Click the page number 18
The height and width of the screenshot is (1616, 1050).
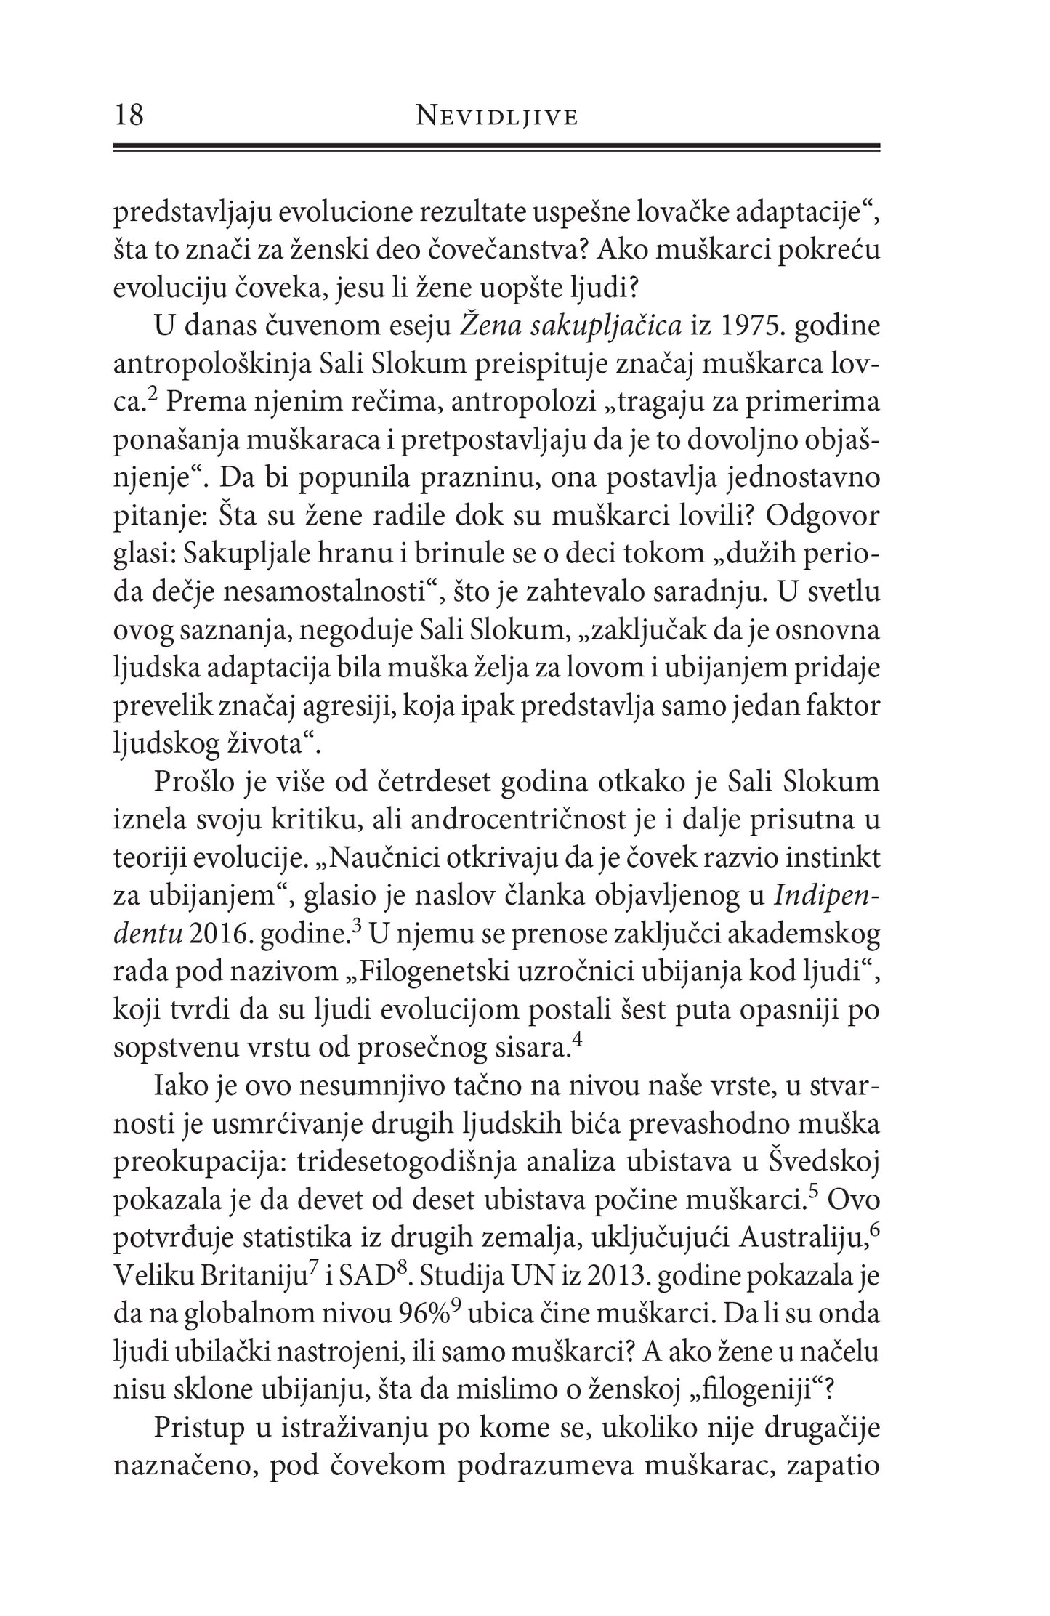(129, 116)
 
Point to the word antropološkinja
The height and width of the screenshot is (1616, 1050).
(210, 365)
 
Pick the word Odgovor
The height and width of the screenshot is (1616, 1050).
(823, 515)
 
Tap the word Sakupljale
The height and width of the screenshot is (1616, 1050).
(249, 553)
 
